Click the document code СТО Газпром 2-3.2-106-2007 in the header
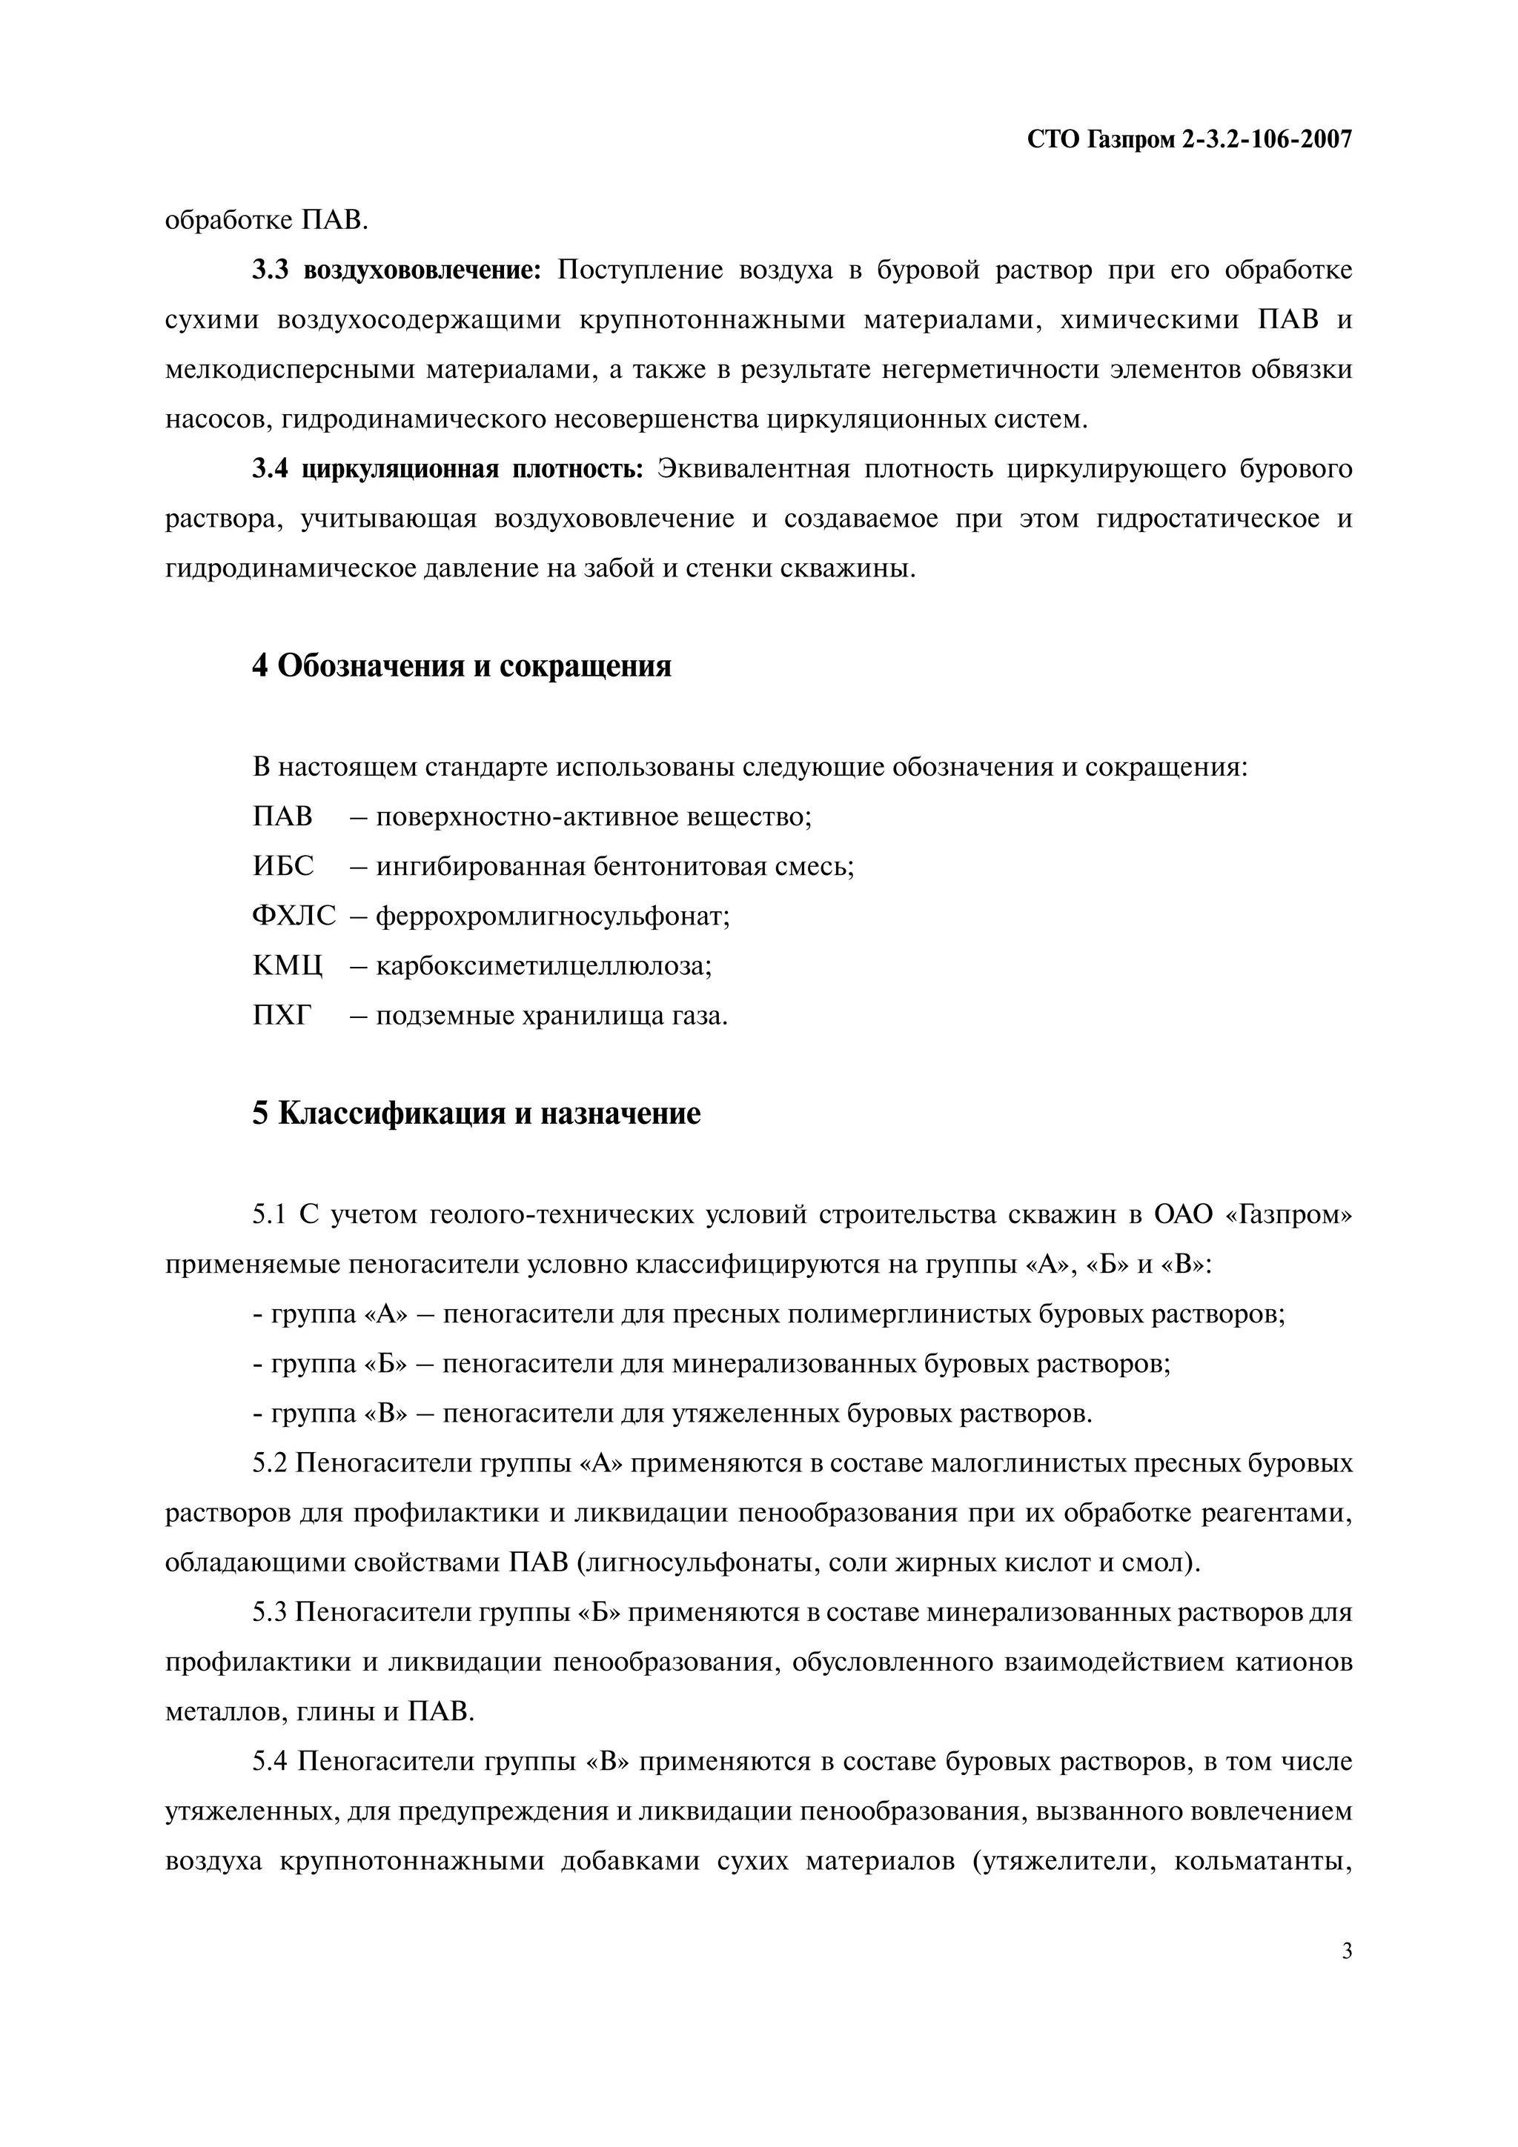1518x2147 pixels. [1189, 140]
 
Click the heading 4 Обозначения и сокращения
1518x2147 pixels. [461, 667]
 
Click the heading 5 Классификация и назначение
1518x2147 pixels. [476, 1114]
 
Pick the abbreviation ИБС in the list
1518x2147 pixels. [283, 867]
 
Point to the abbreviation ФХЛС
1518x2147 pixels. [294, 916]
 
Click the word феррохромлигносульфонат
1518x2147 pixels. [551, 916]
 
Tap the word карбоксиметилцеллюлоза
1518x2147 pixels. [543, 966]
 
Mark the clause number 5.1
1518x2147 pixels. [269, 1215]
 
